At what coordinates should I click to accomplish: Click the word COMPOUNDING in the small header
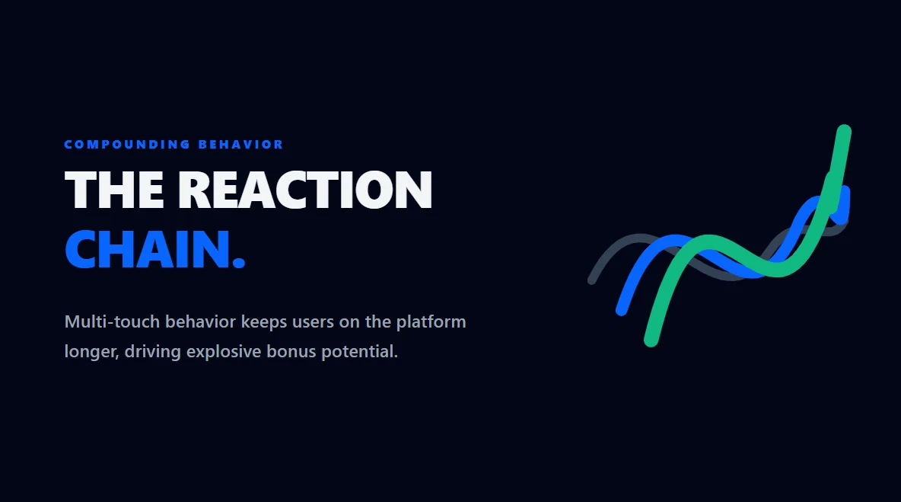(x=127, y=144)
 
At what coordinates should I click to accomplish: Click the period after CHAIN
(x=239, y=263)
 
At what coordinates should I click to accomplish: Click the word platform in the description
(x=431, y=321)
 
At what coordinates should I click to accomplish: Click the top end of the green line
(x=844, y=132)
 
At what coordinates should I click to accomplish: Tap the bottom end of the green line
(x=651, y=340)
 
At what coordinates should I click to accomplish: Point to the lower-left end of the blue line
(x=622, y=309)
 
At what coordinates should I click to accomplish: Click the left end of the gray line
(x=592, y=280)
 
